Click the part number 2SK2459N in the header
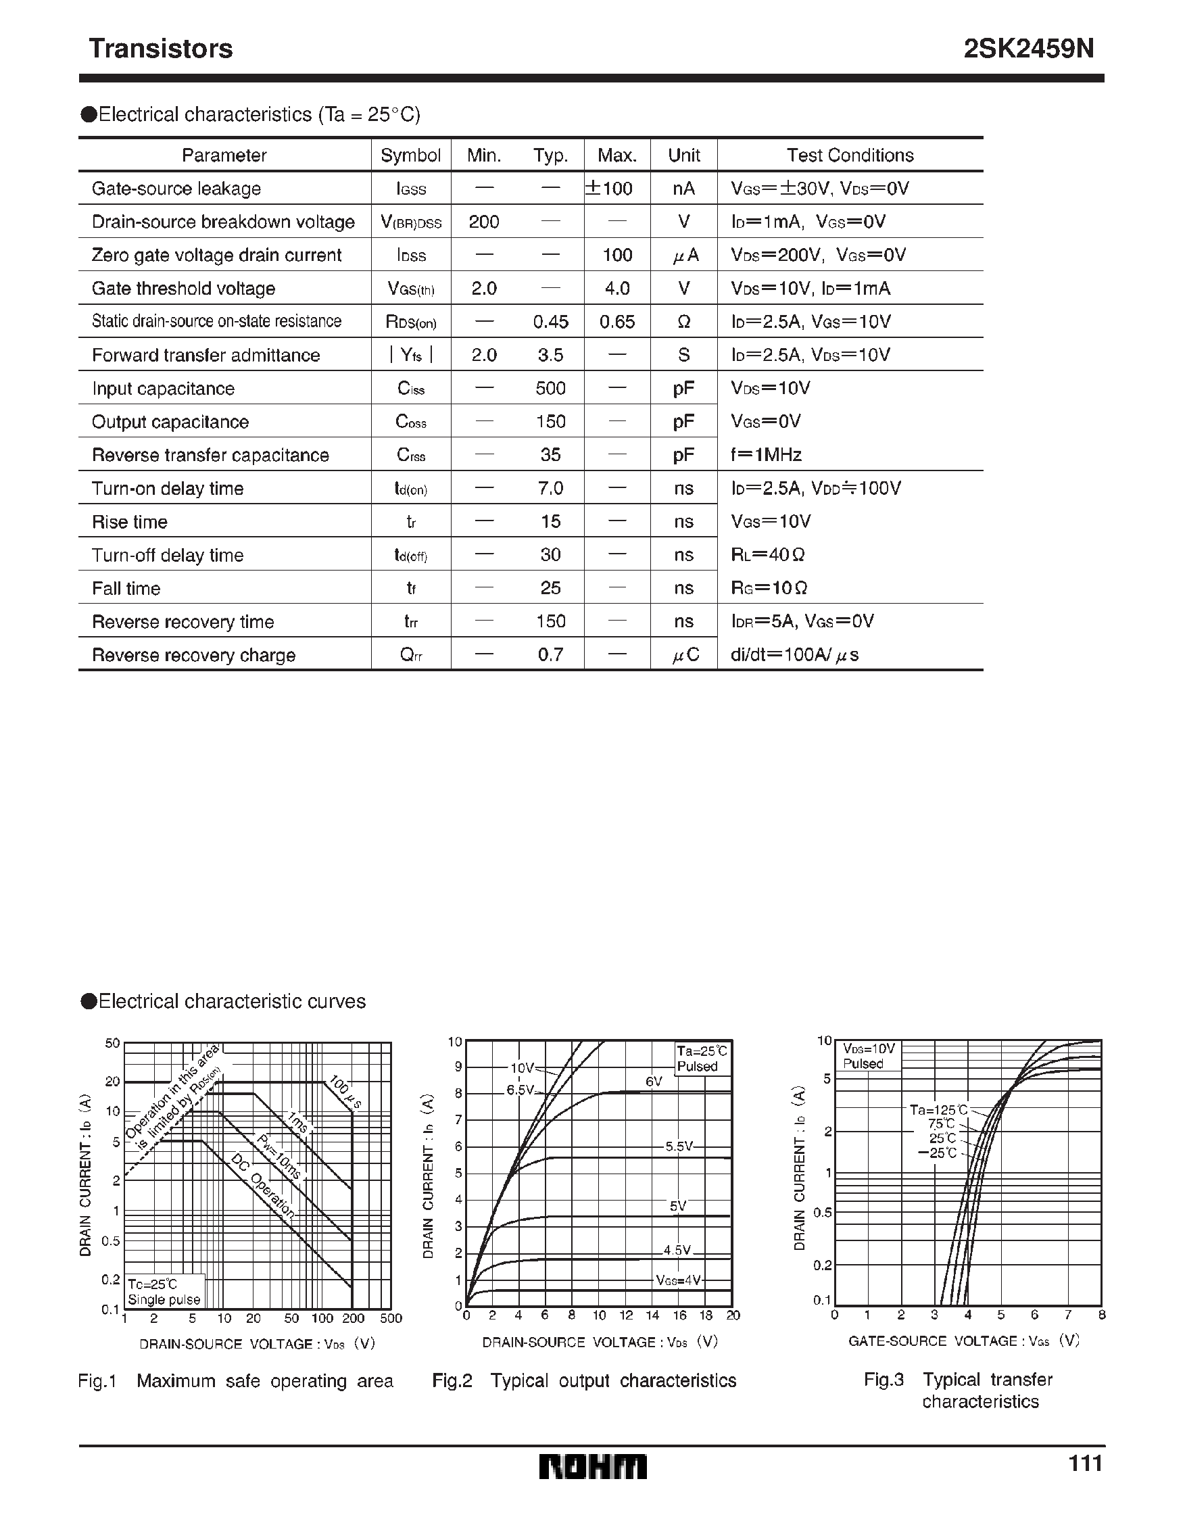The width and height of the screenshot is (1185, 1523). (x=1029, y=49)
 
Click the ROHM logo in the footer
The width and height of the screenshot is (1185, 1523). (x=593, y=1466)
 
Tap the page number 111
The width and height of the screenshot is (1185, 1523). (x=1086, y=1462)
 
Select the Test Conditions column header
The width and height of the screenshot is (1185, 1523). (x=850, y=155)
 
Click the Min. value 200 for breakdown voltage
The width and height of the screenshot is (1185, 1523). (x=483, y=222)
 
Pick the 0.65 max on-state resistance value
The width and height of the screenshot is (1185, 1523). (x=616, y=322)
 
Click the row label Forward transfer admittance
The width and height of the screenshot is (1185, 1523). (x=205, y=355)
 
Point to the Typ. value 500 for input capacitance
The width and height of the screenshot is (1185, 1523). (x=550, y=389)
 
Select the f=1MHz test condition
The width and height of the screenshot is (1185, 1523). (x=766, y=455)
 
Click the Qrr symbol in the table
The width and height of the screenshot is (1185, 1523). (x=411, y=655)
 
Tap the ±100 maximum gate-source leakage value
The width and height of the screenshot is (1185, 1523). (x=609, y=189)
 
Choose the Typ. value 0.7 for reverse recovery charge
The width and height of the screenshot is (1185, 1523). (x=550, y=655)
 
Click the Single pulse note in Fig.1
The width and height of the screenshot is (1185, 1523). (x=164, y=1299)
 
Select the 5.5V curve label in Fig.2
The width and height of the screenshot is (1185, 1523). (x=678, y=1146)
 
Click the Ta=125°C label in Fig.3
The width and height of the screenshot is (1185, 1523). (x=938, y=1109)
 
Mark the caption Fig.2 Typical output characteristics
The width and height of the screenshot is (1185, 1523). (x=584, y=1380)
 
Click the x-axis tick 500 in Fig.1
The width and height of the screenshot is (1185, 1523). (x=391, y=1318)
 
